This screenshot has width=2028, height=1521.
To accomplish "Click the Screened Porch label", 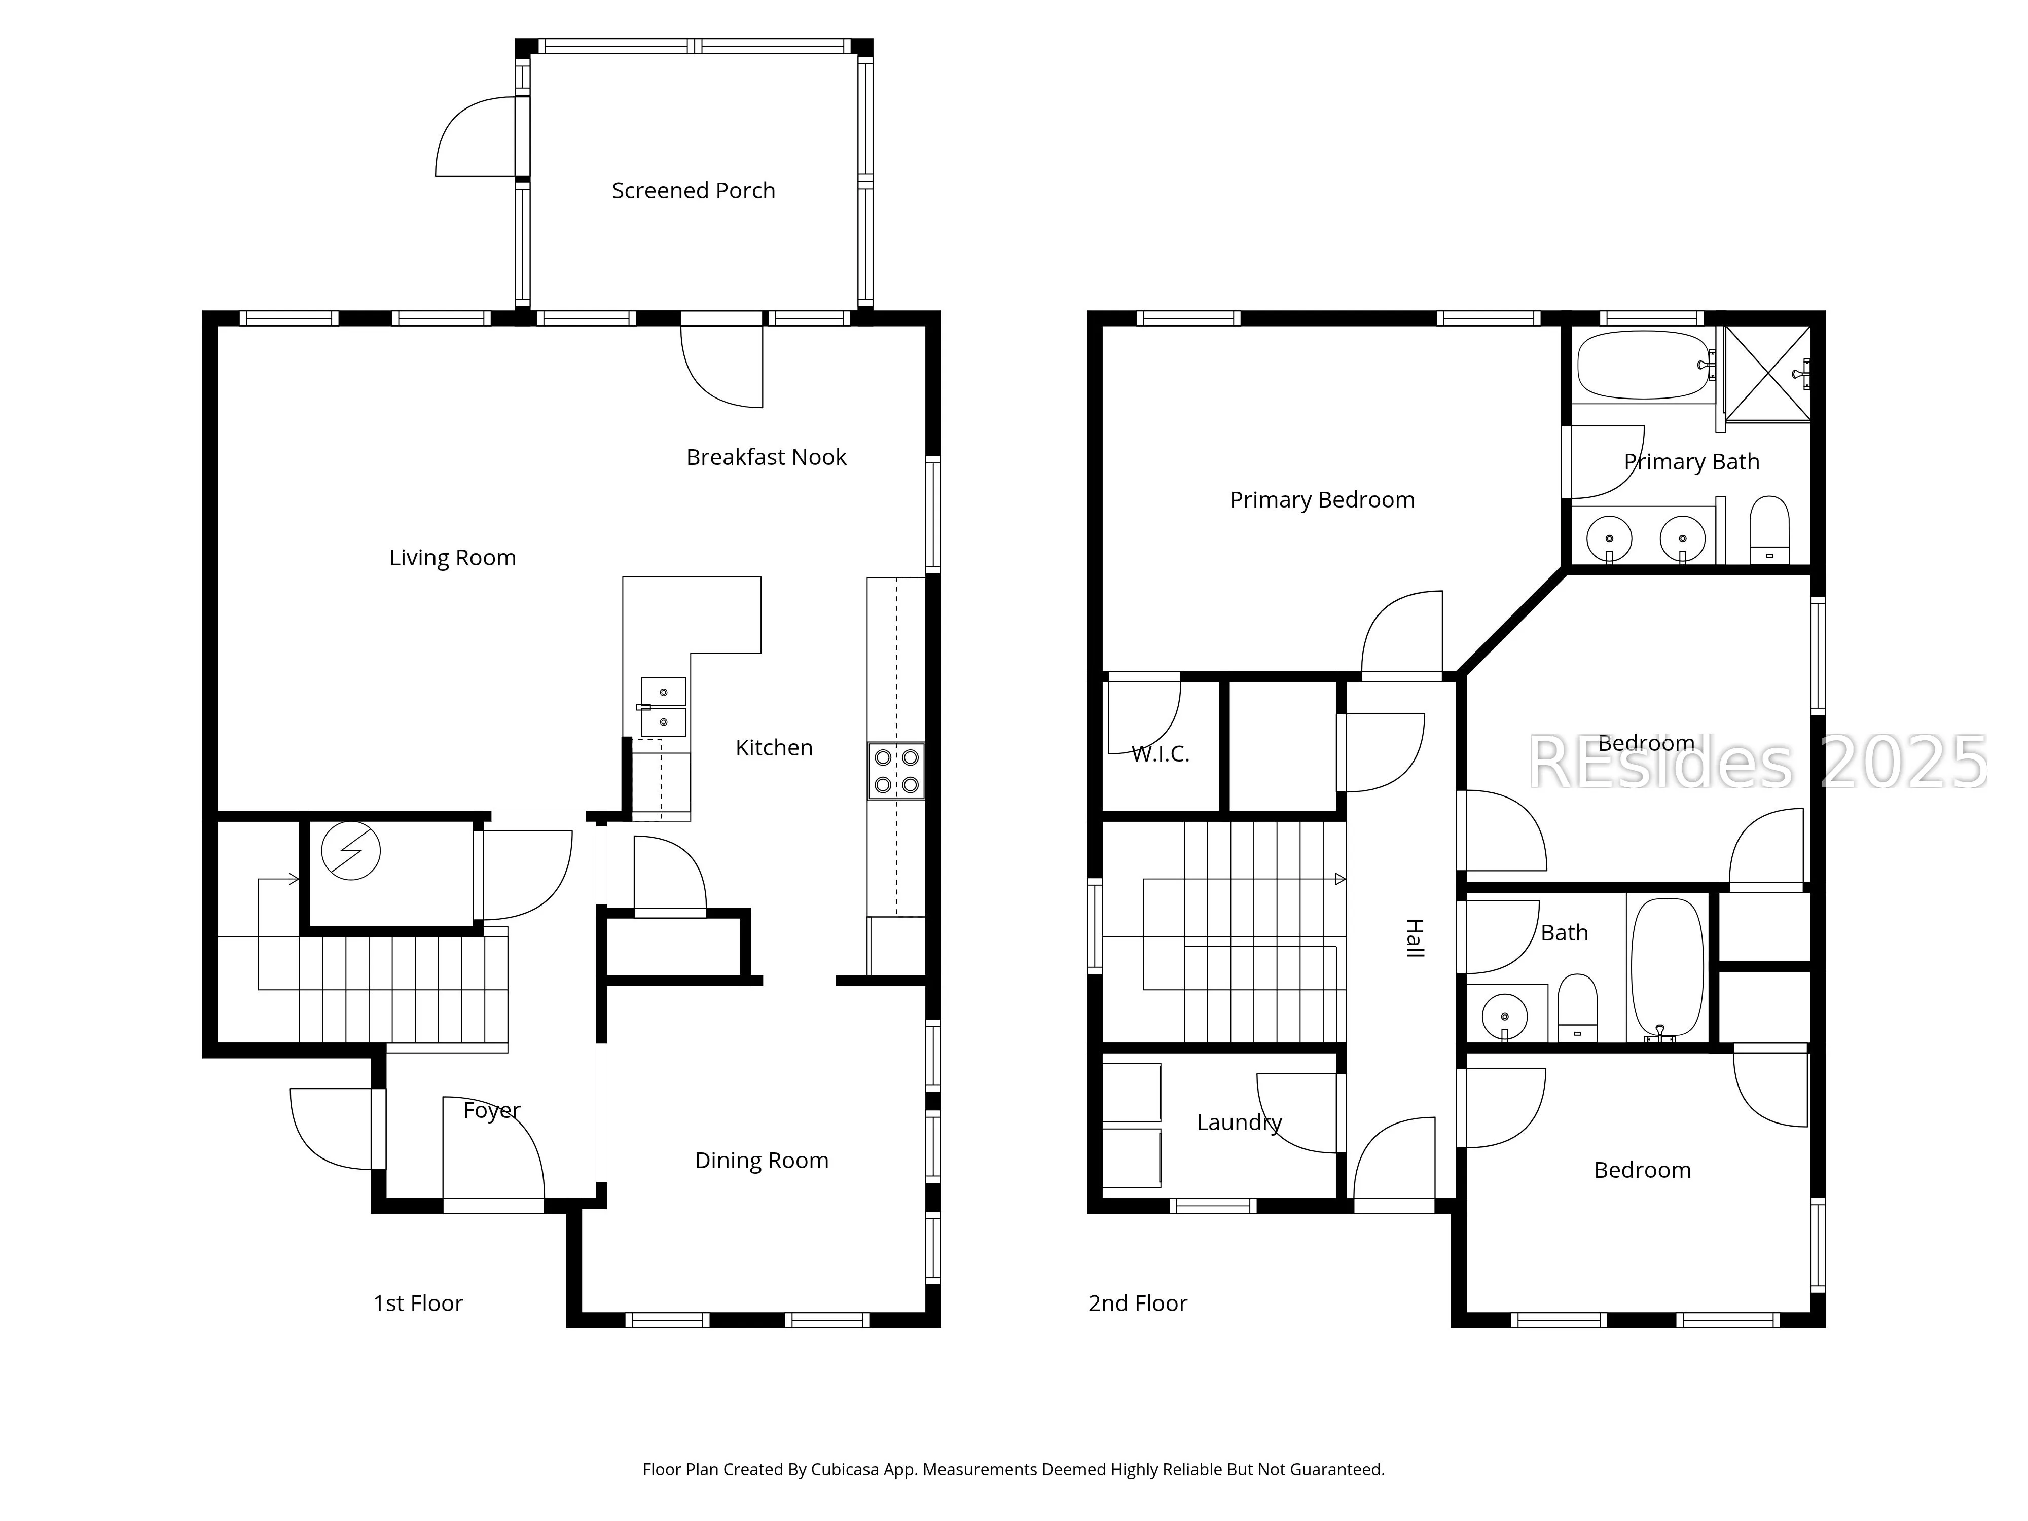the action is click(693, 191).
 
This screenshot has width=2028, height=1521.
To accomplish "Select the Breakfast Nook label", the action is click(767, 457).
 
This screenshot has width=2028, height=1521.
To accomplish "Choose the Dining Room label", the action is click(762, 1161).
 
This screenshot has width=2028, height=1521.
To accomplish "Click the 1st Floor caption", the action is click(418, 1303).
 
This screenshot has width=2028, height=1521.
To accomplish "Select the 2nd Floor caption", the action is click(1138, 1303).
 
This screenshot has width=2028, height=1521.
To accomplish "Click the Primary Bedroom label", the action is click(1322, 500).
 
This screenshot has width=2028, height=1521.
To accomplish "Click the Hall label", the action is click(1415, 938).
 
